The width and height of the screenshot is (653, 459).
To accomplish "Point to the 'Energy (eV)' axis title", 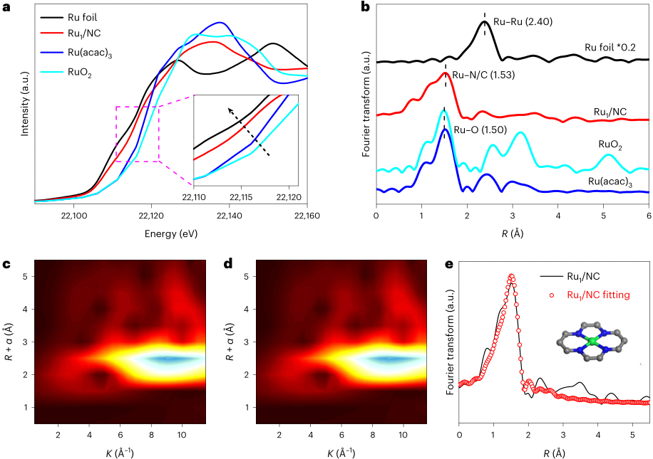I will pos(170,233).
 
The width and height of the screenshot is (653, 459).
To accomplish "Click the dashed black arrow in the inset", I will pos(248,131).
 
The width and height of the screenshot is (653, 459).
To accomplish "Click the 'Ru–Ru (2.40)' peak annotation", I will pos(525,21).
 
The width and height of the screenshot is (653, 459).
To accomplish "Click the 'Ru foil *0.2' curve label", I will pos(610,48).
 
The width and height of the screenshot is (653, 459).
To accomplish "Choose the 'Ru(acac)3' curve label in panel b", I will pos(612,182).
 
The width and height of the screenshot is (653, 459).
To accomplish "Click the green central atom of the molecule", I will pos(590,342).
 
